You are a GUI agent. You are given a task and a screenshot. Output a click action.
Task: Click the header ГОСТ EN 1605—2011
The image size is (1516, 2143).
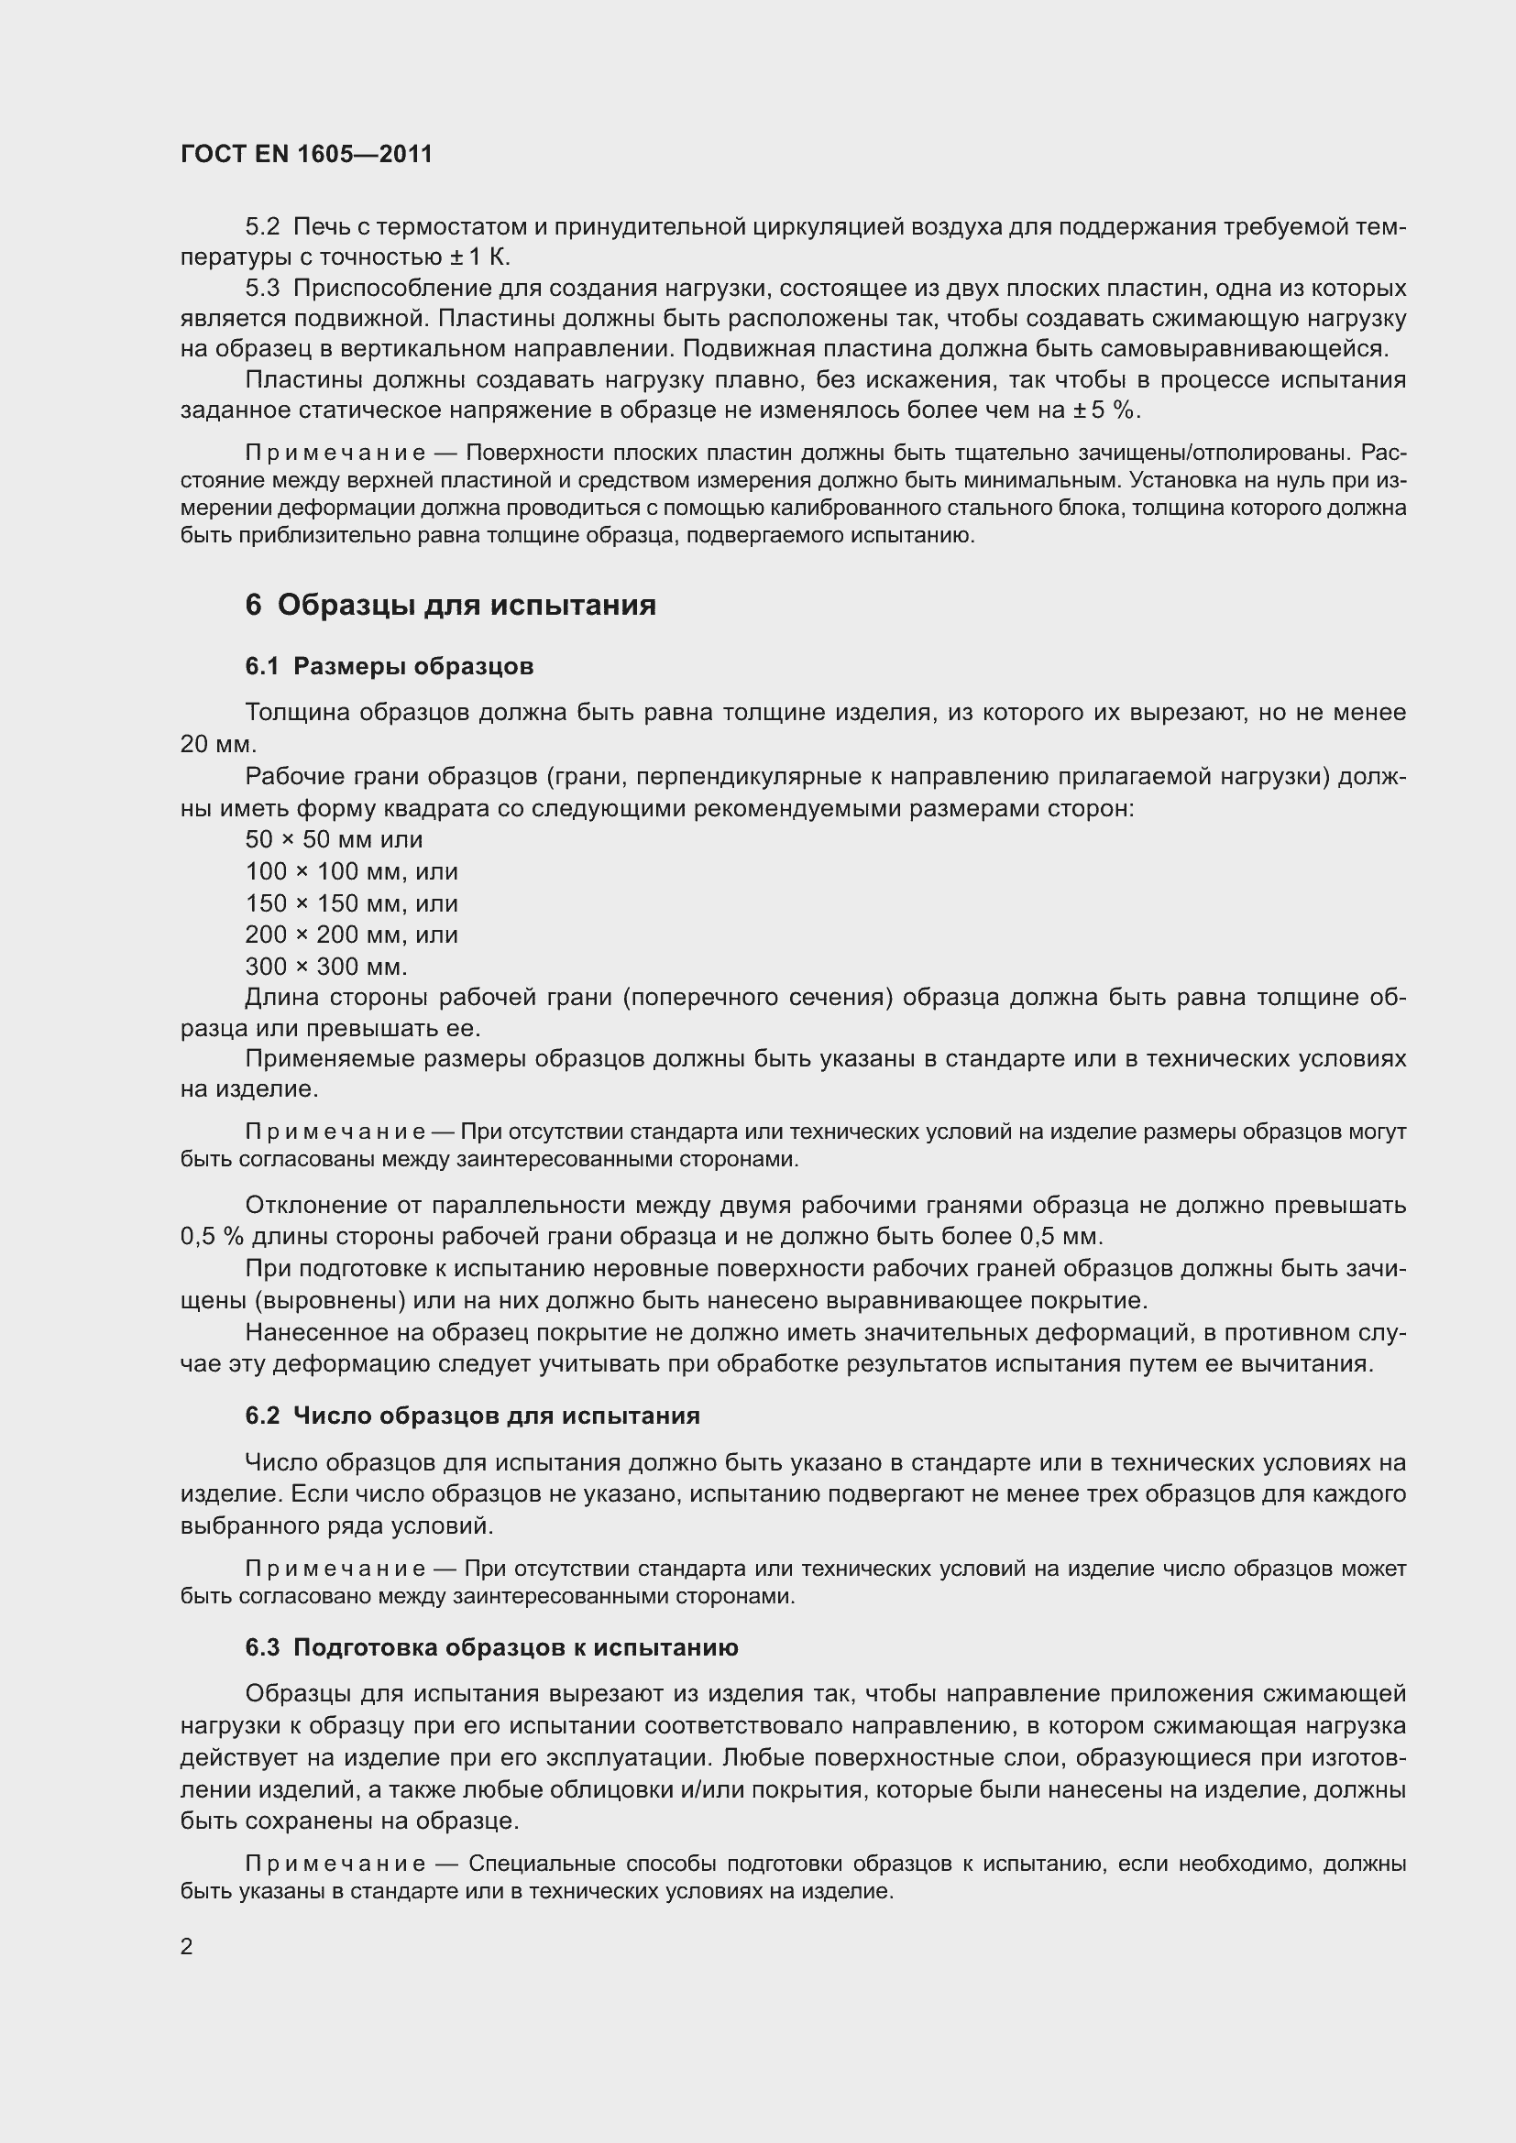coord(306,154)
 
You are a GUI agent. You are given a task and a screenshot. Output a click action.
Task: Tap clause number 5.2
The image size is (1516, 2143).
coord(262,227)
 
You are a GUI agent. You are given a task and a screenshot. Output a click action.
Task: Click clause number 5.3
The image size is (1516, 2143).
coord(262,288)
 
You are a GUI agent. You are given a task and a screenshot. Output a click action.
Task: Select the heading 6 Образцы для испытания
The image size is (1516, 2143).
coord(450,605)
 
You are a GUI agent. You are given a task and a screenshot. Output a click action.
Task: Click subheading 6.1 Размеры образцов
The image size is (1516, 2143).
coord(390,666)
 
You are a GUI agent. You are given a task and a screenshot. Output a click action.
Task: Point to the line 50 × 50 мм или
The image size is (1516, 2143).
coord(334,839)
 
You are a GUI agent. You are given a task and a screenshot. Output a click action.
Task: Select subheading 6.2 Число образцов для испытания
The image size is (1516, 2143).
coord(472,1416)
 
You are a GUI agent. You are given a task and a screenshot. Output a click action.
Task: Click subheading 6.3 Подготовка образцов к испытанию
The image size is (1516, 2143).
coord(491,1647)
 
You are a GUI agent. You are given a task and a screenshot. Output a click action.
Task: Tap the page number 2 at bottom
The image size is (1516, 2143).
coord(187,1947)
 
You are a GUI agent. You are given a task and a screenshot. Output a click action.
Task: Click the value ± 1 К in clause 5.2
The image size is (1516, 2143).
coord(478,257)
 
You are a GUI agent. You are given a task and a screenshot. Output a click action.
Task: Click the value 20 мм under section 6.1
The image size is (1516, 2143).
coord(216,745)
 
